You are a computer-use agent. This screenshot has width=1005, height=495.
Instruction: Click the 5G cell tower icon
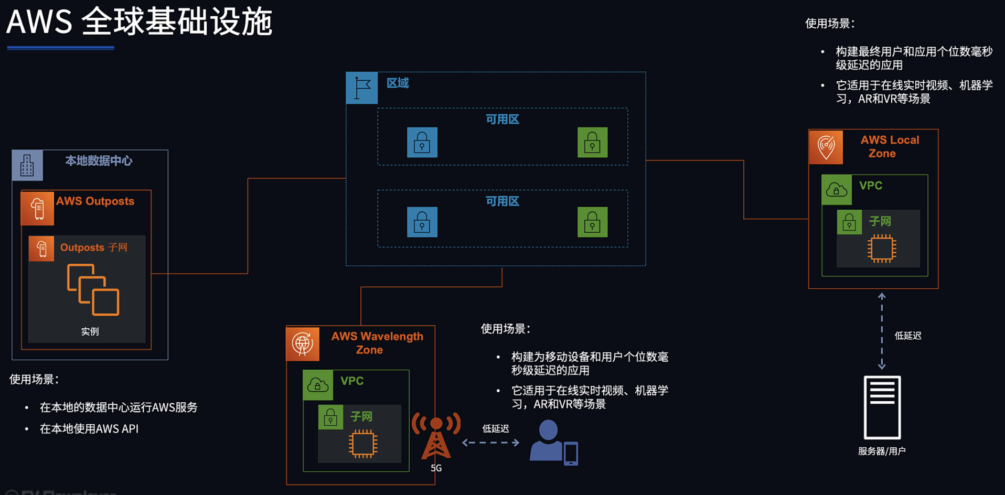coord(436,436)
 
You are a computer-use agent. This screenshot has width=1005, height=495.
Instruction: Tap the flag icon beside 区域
coord(362,88)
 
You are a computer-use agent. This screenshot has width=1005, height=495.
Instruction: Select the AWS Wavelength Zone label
coord(377,343)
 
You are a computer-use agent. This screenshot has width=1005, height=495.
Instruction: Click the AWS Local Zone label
coord(890,147)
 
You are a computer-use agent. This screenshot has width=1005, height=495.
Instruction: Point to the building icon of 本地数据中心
coord(27,165)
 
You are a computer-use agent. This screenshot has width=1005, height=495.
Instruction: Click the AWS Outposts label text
coord(95,201)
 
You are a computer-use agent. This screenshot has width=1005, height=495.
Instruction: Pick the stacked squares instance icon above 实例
coord(93,290)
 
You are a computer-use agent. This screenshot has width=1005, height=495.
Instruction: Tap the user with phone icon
coord(554,443)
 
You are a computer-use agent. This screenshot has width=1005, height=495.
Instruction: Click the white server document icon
coord(882,407)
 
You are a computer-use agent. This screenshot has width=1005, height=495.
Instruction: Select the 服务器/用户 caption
coord(882,451)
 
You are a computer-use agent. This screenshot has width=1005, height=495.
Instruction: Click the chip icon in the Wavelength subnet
coord(363,444)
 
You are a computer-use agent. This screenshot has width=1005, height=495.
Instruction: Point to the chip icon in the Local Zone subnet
coord(882,248)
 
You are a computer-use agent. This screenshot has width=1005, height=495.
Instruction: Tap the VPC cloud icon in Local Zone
coord(837,190)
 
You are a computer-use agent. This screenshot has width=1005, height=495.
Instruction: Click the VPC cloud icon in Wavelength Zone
coord(318,385)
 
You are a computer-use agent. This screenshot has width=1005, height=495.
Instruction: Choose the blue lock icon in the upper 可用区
coord(422,143)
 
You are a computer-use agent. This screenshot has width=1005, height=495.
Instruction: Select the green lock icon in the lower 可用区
coord(593,222)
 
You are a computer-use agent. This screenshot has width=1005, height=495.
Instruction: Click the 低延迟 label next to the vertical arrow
coord(908,336)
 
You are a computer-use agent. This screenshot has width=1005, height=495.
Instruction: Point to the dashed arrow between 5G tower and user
coord(491,443)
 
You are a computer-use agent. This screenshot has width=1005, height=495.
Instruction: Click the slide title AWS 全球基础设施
coord(140,21)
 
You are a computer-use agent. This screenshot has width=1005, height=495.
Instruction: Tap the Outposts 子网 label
coord(94,247)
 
